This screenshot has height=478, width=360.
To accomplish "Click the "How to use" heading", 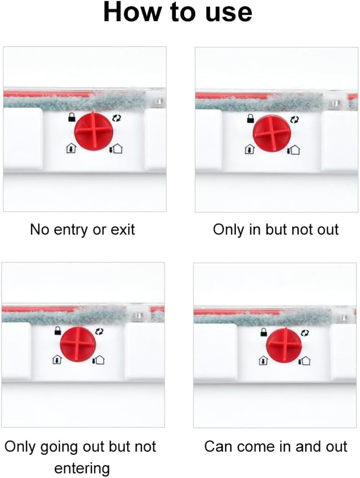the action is pyautogui.click(x=178, y=12).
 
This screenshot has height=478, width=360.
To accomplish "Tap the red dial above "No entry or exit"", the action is pyautogui.click(x=94, y=131).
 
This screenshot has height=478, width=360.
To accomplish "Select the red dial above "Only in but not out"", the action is pyautogui.click(x=272, y=134).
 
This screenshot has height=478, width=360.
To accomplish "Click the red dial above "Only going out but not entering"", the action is pyautogui.click(x=78, y=344).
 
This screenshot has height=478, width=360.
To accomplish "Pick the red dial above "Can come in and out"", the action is pyautogui.click(x=284, y=345).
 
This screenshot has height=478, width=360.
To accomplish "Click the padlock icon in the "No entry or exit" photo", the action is pyautogui.click(x=72, y=117).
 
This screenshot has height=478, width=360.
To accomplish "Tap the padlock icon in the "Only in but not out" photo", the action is pyautogui.click(x=250, y=119).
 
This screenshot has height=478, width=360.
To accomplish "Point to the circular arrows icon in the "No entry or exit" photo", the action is pyautogui.click(x=116, y=118).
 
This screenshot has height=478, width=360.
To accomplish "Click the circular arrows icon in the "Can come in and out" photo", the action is pyautogui.click(x=305, y=333).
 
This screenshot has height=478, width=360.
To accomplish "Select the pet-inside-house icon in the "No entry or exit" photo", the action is pyautogui.click(x=71, y=149).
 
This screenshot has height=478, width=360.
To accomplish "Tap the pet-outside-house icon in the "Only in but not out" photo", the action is pyautogui.click(x=293, y=150).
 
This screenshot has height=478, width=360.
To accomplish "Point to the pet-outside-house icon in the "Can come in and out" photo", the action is pyautogui.click(x=305, y=361).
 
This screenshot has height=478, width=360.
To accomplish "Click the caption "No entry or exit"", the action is pyautogui.click(x=82, y=229).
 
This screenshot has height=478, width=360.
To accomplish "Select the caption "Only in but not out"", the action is pyautogui.click(x=276, y=229).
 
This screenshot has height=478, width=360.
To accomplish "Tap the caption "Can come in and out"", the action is pyautogui.click(x=275, y=447).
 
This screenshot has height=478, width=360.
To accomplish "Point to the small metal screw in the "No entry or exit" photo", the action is pyautogui.click(x=158, y=101).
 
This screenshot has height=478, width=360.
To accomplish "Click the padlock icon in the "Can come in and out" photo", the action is pyautogui.click(x=264, y=332).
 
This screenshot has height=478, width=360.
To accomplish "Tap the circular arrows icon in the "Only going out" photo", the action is pyautogui.click(x=99, y=331).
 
